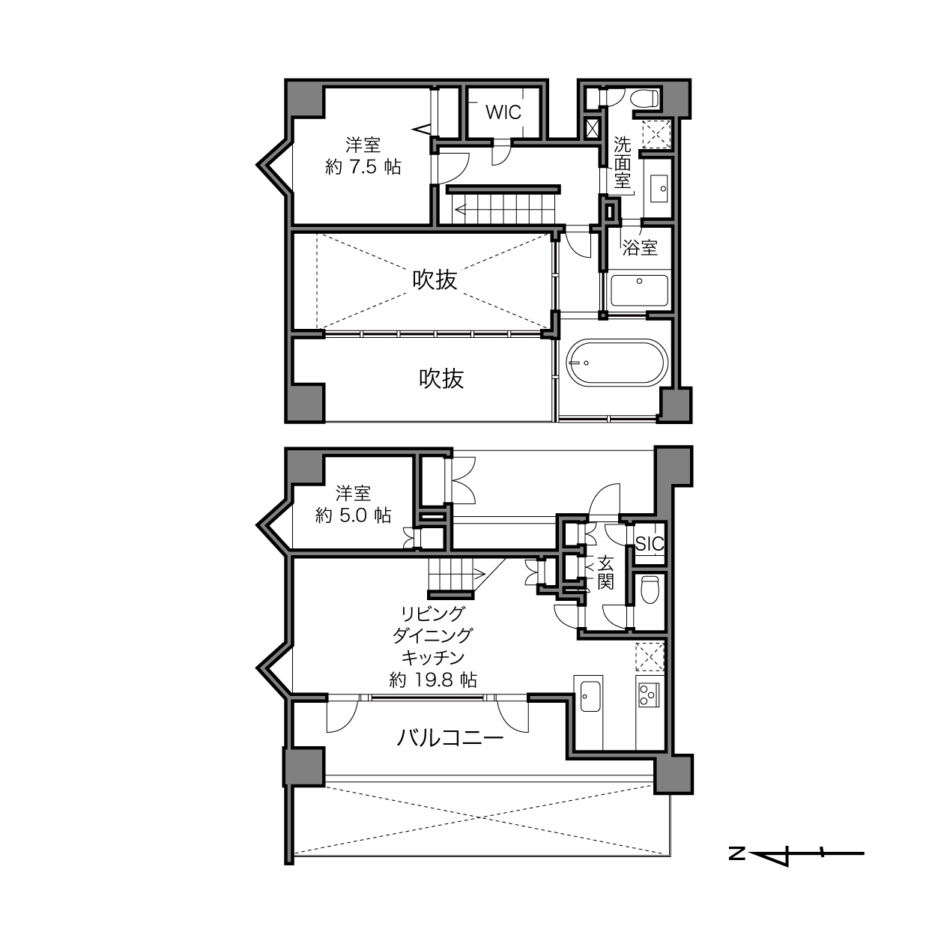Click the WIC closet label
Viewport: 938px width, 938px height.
503,112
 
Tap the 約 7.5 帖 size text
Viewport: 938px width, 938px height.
363,167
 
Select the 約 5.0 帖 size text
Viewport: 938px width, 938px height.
353,515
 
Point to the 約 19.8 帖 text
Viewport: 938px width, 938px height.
433,680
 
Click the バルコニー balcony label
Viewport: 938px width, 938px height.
450,738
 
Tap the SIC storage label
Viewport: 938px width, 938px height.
650,544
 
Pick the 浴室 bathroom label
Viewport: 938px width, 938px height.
640,248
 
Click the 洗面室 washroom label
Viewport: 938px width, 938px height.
622,162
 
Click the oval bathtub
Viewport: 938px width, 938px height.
617,363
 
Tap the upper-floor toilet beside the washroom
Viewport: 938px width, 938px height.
644,98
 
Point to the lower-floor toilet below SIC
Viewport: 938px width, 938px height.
650,590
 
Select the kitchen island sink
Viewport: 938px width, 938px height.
590,697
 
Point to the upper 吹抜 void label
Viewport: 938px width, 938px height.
435,280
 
